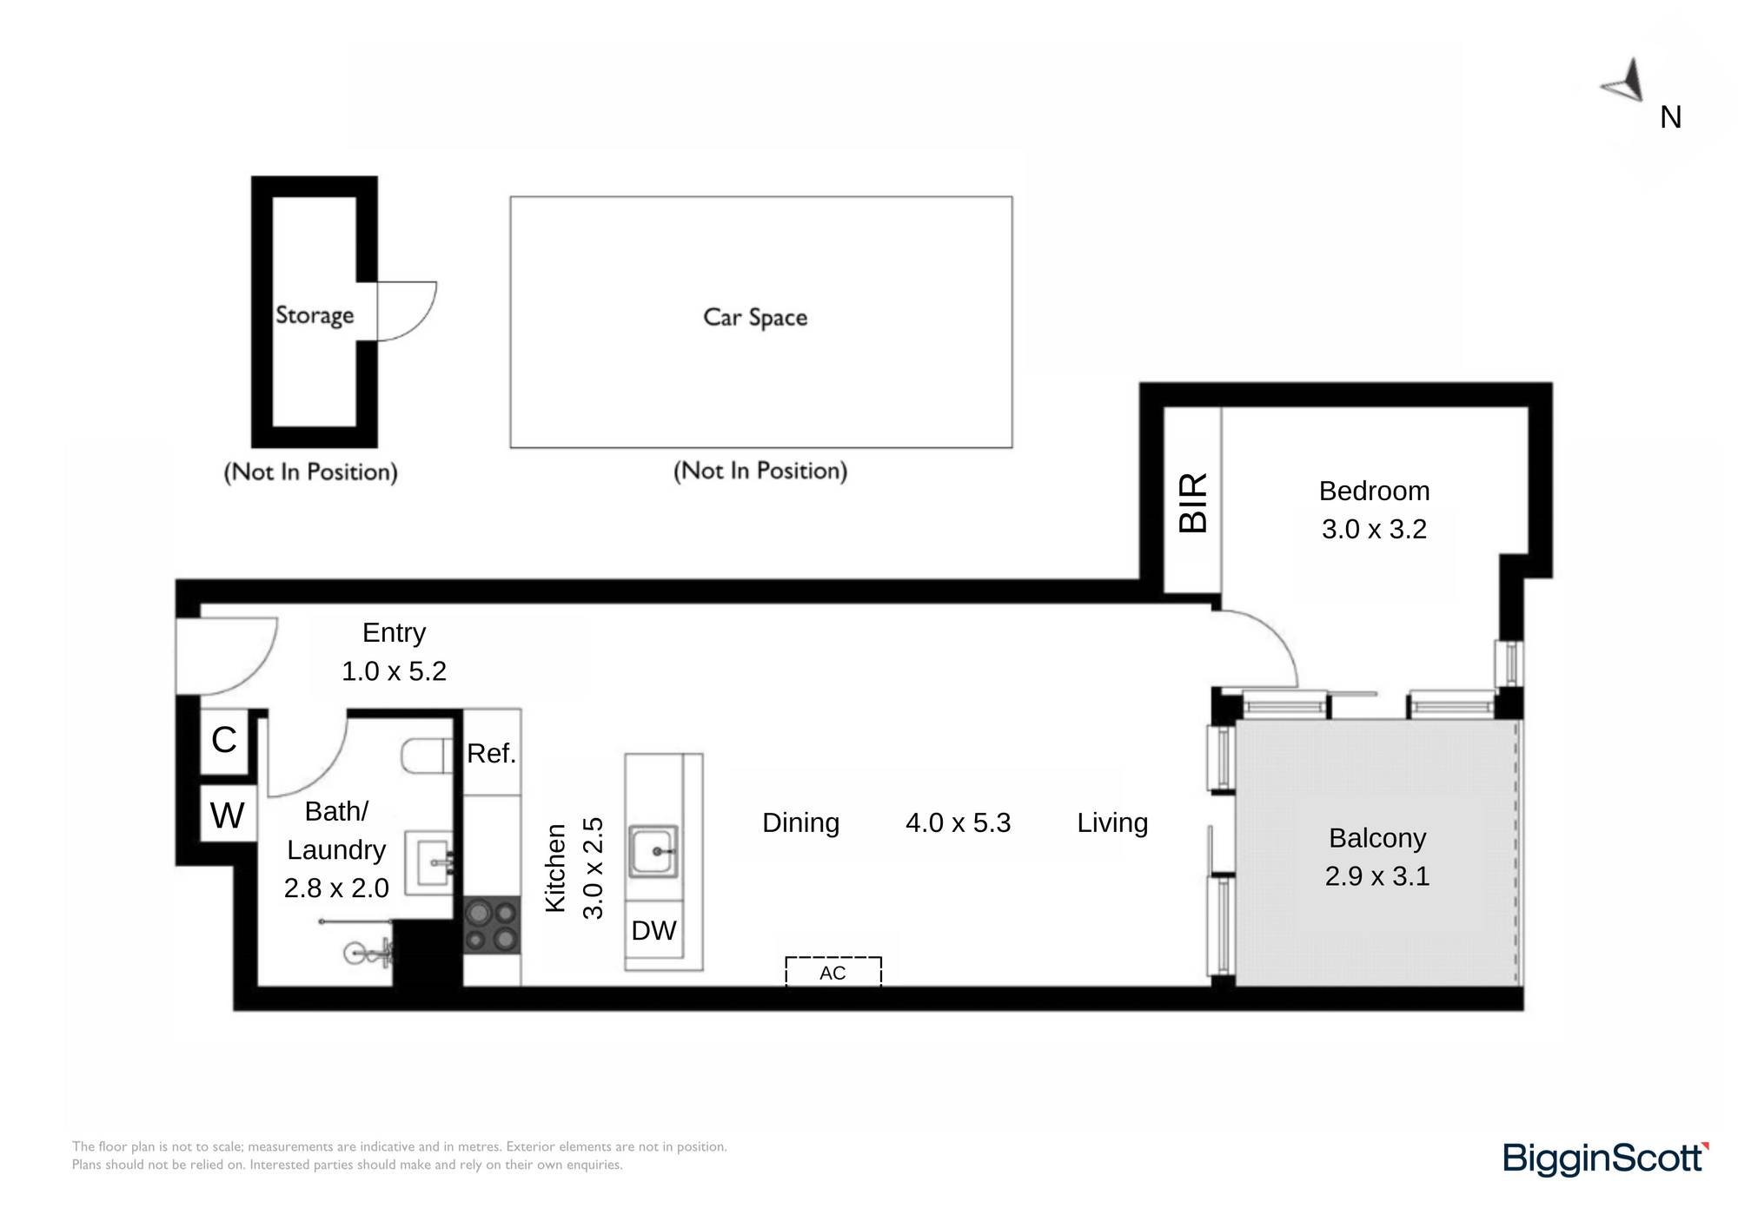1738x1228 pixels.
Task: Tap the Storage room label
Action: [315, 314]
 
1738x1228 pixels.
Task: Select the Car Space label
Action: [755, 318]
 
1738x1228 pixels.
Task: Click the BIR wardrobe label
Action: [1193, 503]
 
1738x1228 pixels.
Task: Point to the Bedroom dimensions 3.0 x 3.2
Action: [1374, 529]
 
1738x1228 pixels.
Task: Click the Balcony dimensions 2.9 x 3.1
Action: [1377, 876]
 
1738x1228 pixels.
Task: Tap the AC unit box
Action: [833, 972]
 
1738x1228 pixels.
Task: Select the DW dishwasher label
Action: [653, 931]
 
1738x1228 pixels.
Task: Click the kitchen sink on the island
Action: [653, 851]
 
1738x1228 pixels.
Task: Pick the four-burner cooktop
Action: [492, 926]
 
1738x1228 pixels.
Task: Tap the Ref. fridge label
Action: [492, 753]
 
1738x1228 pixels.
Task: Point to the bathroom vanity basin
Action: [432, 862]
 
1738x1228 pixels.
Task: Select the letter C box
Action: [224, 741]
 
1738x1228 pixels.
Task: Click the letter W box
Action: [228, 815]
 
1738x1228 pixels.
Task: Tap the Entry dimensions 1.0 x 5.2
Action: [394, 671]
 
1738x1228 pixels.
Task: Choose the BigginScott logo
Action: [1606, 1159]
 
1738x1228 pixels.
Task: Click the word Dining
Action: [800, 822]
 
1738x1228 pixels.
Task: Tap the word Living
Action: [1112, 822]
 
